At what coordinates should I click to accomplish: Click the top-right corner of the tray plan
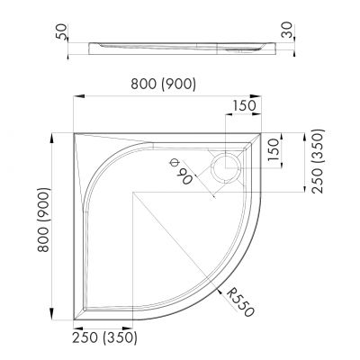coord(264,130)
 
